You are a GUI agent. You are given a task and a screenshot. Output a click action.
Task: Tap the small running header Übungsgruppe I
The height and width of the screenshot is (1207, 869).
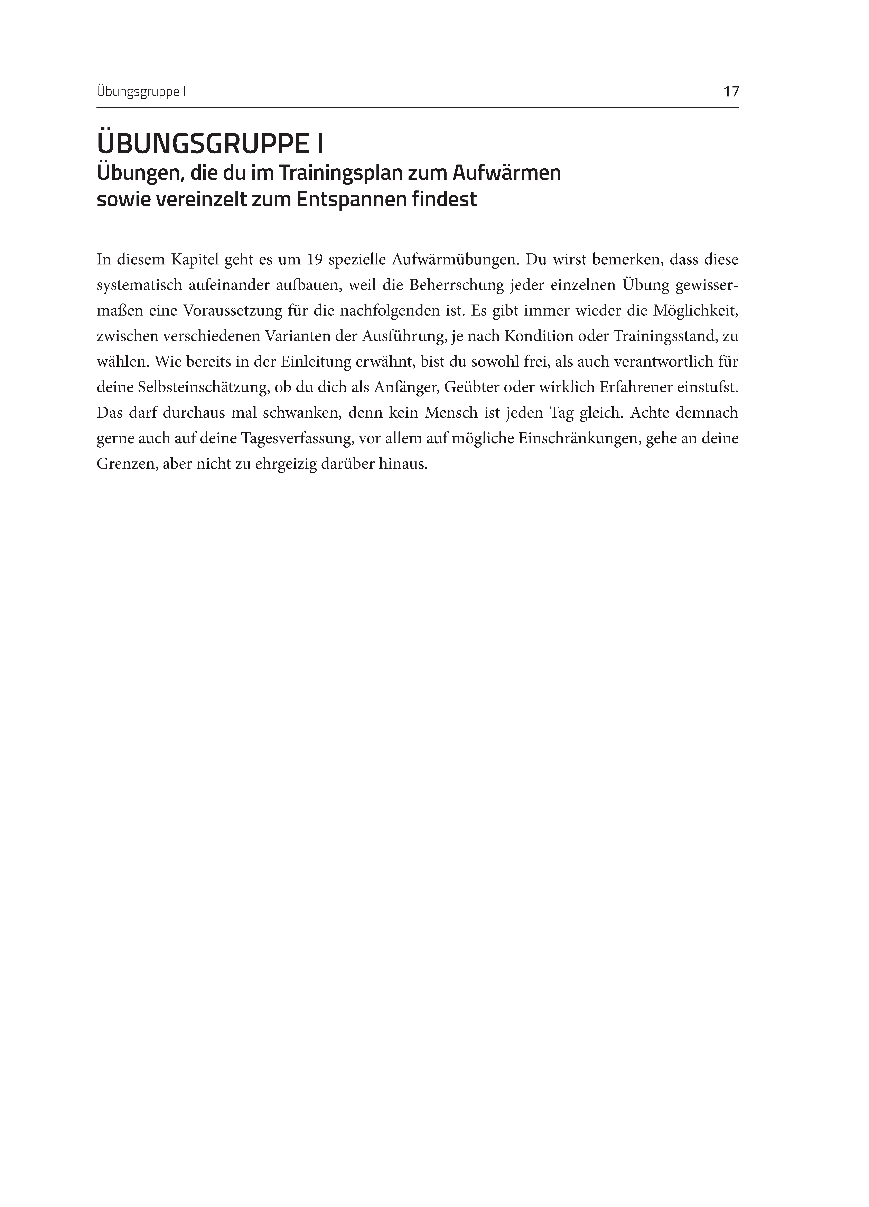click(x=141, y=92)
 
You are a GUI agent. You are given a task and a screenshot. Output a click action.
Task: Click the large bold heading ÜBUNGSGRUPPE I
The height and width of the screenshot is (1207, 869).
click(x=210, y=144)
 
